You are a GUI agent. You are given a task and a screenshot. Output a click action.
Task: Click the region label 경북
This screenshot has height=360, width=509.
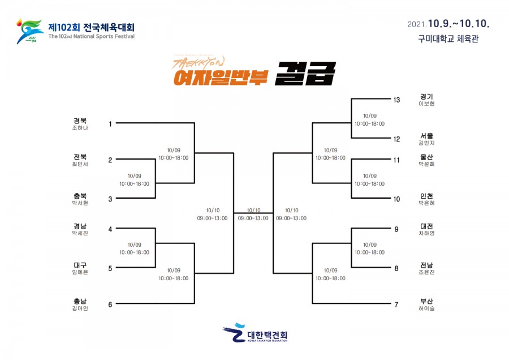pos(80,121)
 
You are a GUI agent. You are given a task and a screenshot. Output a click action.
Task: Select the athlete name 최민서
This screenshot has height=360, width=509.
pos(80,164)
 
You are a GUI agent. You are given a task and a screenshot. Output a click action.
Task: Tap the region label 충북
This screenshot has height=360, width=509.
pos(80,195)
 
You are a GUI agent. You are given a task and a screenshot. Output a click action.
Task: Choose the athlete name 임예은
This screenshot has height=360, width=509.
pos(80,272)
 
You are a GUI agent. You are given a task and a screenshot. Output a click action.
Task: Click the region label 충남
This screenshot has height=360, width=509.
pos(80,301)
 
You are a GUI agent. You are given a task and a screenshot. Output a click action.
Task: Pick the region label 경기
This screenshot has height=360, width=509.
pos(426,96)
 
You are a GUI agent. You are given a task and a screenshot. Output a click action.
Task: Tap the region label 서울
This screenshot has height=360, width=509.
pos(426,136)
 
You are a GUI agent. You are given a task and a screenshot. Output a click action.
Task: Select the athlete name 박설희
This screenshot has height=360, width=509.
pos(426,164)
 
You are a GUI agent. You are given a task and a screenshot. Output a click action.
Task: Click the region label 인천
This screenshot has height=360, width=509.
pos(426,195)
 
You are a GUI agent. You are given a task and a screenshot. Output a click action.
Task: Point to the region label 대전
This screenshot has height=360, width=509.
pos(426,226)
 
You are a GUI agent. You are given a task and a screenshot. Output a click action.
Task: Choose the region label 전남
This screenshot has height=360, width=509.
pos(426,265)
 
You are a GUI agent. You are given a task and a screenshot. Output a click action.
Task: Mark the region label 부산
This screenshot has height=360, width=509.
pos(426,301)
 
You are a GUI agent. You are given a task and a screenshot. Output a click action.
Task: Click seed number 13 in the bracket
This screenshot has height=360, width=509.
pos(396,100)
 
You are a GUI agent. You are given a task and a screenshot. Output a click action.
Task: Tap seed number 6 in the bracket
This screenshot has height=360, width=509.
pos(110,305)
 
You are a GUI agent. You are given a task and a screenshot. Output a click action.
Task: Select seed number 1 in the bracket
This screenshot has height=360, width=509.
pos(110,123)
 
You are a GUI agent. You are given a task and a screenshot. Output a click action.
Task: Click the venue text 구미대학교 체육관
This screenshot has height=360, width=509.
pos(448,39)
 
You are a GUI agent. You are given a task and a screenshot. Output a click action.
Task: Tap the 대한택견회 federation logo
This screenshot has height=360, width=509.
pos(255,333)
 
